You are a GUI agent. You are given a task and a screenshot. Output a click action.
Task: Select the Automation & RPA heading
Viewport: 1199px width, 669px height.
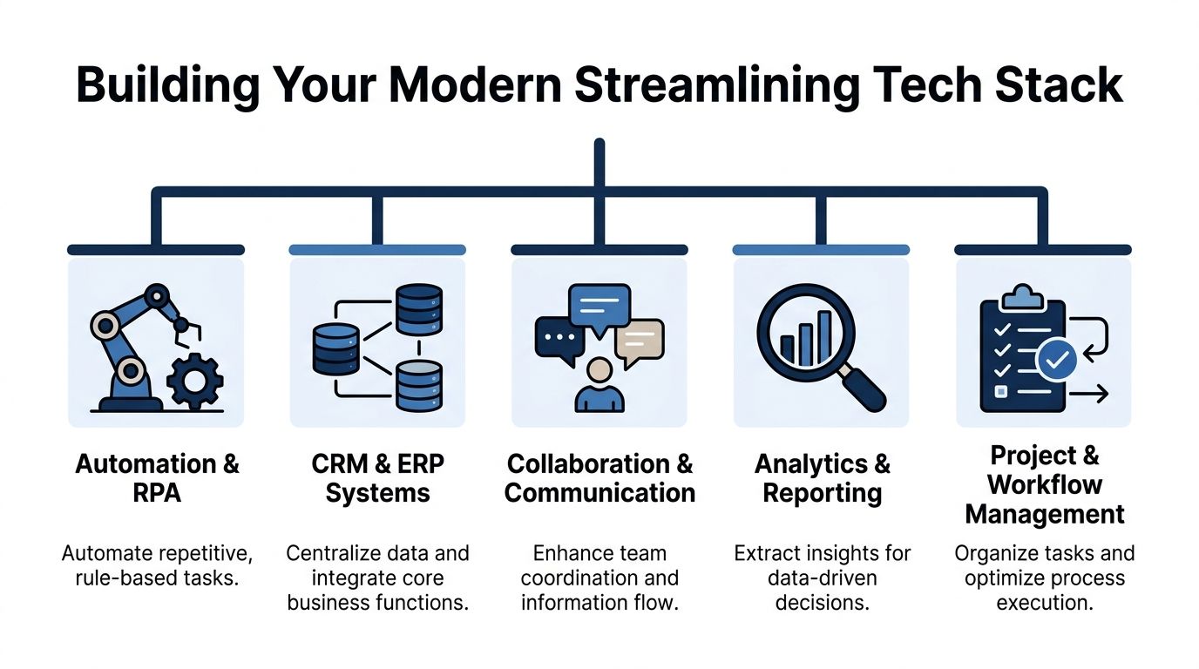click(157, 478)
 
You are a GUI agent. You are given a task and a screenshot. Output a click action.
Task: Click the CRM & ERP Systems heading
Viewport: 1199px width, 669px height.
click(378, 478)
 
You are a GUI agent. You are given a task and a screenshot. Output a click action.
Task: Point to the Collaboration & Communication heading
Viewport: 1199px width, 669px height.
click(599, 478)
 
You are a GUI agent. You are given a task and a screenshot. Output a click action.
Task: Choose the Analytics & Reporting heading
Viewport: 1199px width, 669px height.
click(822, 478)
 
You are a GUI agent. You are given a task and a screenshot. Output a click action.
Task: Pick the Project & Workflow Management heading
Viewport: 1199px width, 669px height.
click(1044, 485)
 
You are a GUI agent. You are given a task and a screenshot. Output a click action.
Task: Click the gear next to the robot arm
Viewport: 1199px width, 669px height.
click(194, 381)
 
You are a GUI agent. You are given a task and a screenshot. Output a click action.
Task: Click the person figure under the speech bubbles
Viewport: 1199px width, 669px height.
click(599, 387)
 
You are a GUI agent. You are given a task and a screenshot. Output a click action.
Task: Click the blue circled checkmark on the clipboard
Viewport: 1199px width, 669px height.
click(1056, 361)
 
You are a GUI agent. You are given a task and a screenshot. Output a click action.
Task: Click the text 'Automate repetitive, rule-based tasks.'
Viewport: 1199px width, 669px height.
click(157, 565)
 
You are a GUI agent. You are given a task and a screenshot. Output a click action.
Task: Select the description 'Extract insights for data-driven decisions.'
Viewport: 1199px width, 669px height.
click(822, 578)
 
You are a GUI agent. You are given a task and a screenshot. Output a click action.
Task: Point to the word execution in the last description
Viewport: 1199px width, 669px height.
click(1044, 603)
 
